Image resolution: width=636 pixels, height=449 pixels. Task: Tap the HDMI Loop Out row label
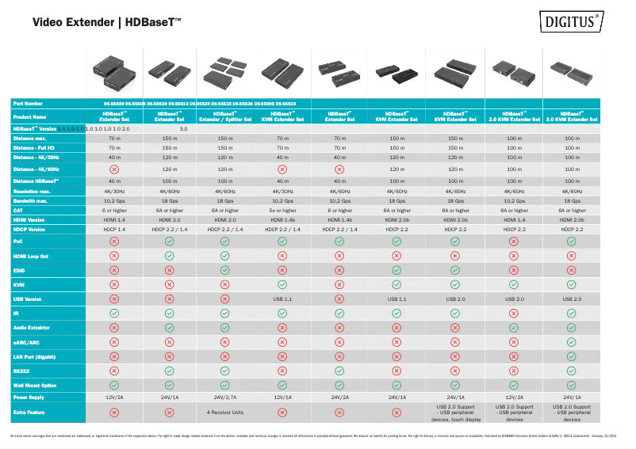31,256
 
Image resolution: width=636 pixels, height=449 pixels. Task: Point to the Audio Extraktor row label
33,327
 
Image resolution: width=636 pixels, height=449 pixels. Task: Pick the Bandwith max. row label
31,201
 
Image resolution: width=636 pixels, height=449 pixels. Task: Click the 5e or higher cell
282,211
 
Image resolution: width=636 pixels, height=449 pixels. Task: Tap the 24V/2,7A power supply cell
225,398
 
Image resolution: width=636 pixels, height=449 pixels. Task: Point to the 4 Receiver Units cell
225,413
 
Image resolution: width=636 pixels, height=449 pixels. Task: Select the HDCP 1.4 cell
114,230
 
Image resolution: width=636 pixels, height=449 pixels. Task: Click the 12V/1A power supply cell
282,398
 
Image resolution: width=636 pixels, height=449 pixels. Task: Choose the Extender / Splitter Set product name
225,116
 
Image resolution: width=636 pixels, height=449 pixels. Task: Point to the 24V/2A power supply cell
339,398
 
